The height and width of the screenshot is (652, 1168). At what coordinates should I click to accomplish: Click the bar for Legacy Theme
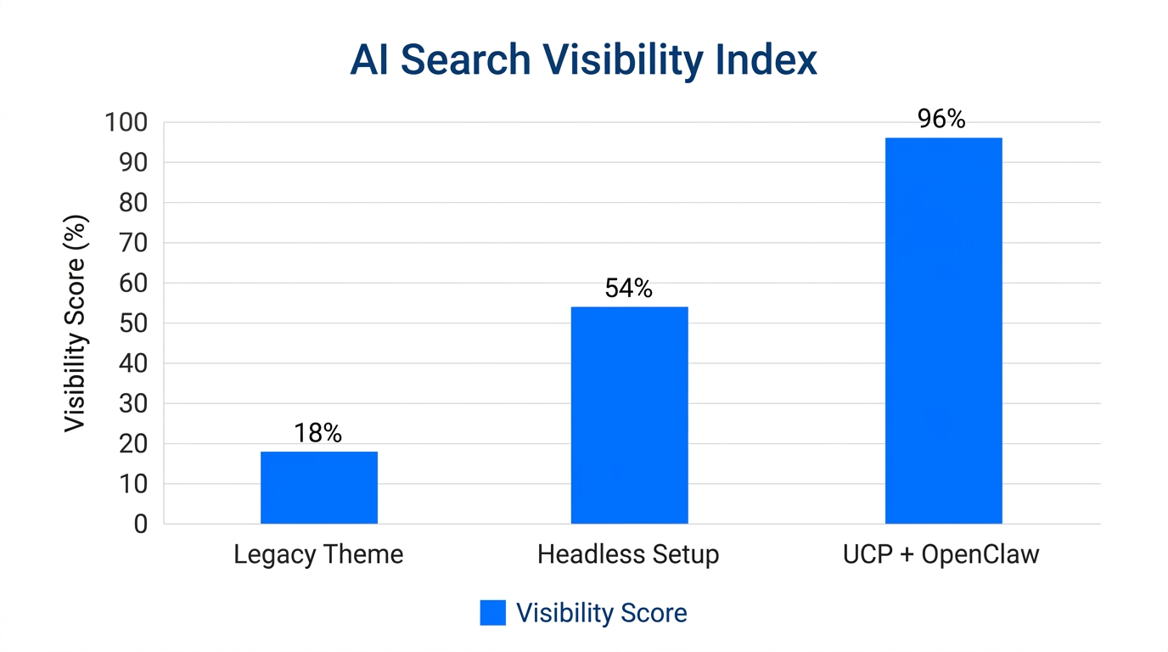coord(318,487)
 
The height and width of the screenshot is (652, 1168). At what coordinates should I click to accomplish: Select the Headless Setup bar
coord(629,415)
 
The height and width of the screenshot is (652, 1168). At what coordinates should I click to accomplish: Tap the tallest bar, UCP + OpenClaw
coord(943,330)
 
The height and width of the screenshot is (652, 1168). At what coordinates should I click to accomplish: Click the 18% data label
coord(318,434)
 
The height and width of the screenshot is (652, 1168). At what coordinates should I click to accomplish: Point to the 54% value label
coord(629,289)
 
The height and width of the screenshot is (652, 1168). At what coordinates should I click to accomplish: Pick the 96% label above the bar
coord(941,120)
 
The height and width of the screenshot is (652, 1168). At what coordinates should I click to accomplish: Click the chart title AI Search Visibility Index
coord(583,60)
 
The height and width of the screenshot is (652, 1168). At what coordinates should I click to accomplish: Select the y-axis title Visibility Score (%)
coord(76,323)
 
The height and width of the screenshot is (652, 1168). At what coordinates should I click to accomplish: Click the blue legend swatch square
coord(492,613)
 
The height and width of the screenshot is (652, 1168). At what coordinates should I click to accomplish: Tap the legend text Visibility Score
coord(601,613)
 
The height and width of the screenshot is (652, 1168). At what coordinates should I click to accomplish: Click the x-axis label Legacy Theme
coord(318,555)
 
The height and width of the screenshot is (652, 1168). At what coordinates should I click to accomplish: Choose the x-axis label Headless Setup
coord(628,555)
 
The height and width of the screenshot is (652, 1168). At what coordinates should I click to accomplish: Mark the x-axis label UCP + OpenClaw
coord(941,555)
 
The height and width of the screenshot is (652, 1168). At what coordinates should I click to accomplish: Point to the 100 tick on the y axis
coord(126,123)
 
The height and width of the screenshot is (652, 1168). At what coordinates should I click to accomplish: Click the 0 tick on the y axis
coord(141,525)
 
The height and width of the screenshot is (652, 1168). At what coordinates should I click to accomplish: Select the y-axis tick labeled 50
coord(133,323)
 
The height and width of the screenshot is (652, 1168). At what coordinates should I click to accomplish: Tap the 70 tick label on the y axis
coord(133,244)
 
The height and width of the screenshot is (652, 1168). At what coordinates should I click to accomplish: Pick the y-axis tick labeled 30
coord(133,404)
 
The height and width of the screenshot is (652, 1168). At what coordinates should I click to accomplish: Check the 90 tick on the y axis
coord(133,163)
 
